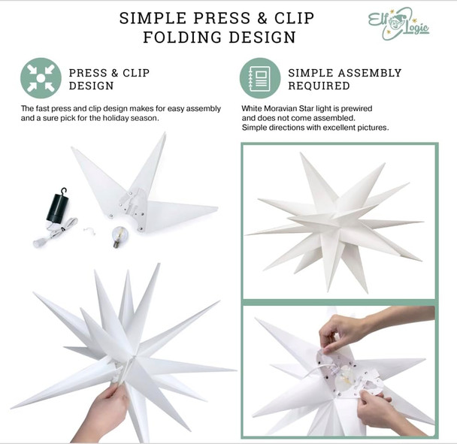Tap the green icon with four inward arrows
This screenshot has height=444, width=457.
click(41, 78)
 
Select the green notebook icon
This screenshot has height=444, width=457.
click(260, 78)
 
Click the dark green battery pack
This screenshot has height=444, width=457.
click(55, 207)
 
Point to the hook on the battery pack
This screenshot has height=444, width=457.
click(65, 191)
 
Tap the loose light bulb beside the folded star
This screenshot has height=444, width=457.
click(117, 235)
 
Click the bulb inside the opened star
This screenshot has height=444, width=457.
click(345, 379)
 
